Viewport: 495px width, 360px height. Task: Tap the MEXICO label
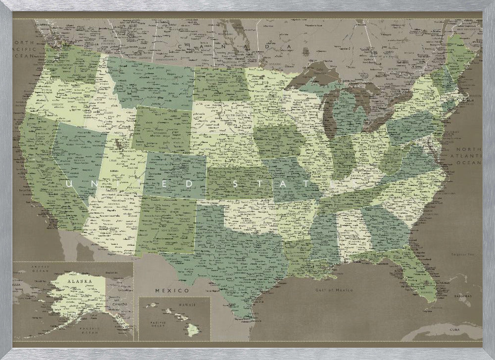coord(172,290)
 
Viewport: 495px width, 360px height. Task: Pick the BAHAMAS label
coord(464,297)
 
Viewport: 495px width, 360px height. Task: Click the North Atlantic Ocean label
coord(468,156)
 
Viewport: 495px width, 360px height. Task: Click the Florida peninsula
coord(421,277)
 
